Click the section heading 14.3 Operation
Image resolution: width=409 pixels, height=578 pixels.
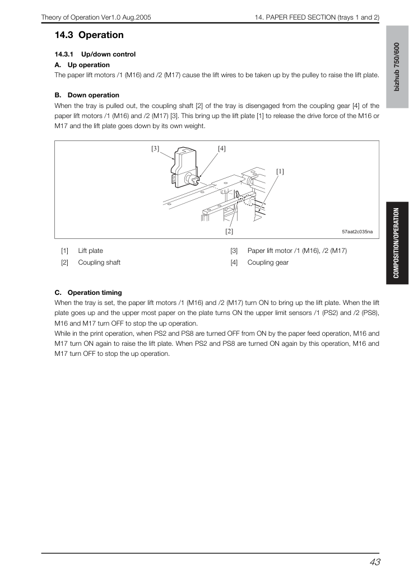[89, 35]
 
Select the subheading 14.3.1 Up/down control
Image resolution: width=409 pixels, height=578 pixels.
[95, 54]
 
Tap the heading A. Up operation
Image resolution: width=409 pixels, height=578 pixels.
[82, 65]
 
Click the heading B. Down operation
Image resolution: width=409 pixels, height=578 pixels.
[87, 95]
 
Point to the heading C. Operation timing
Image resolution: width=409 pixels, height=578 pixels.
[88, 293]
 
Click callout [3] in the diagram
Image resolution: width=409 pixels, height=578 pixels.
[155, 148]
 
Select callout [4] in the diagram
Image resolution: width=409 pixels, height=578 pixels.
[222, 148]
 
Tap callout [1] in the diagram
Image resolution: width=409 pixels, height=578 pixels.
[280, 171]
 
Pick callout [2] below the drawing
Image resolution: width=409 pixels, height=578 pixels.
[229, 231]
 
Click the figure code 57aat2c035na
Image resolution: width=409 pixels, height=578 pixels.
[357, 232]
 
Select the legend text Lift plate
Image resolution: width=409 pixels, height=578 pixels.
[90, 251]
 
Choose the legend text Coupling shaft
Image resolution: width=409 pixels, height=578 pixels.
[99, 262]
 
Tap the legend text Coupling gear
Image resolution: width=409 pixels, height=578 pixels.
[268, 262]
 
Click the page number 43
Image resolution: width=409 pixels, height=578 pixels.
[375, 562]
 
